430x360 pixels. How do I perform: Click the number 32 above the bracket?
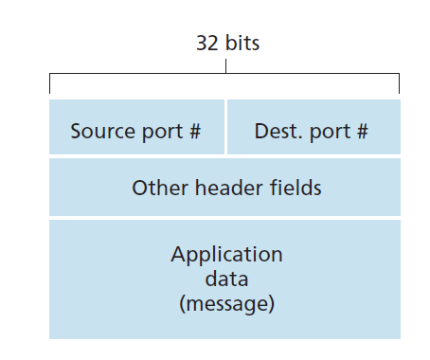207,43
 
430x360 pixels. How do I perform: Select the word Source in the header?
103,131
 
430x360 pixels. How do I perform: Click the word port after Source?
162,132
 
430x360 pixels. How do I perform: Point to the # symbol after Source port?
195,131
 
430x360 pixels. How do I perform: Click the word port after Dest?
330,132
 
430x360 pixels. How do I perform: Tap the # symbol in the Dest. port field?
363,131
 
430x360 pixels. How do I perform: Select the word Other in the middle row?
160,188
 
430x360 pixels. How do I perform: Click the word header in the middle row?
232,188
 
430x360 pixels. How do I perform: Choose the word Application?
226,254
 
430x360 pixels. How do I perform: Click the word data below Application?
226,279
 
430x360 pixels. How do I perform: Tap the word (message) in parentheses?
226,304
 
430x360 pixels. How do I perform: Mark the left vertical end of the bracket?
49,83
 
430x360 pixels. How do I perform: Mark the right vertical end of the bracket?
399,83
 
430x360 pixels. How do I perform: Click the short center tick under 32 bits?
225,66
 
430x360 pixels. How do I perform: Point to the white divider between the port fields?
225,127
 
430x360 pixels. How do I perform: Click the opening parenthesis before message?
182,304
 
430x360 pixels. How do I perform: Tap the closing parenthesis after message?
272,304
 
